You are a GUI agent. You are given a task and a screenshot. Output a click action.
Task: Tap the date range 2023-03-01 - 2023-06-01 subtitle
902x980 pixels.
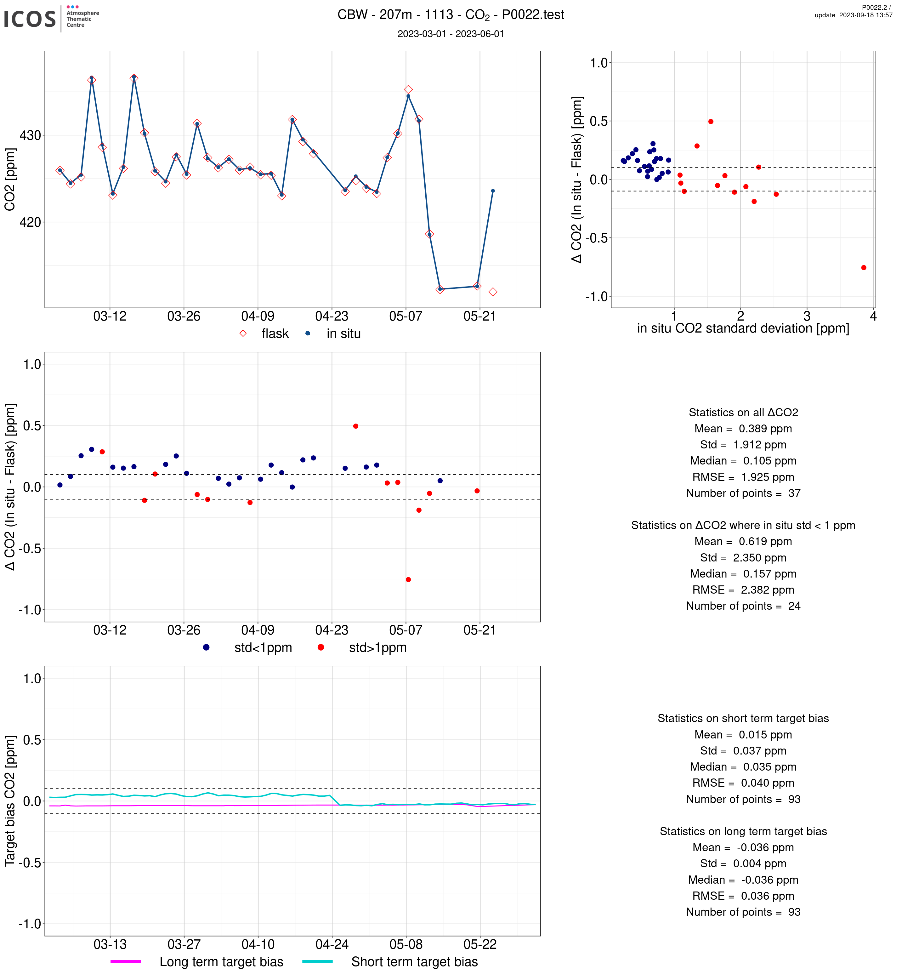click(450, 34)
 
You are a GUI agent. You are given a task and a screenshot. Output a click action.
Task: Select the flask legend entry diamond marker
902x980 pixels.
click(243, 333)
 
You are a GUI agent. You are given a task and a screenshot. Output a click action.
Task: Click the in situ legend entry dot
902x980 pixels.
click(308, 333)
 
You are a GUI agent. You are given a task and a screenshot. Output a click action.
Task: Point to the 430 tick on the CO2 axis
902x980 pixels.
click(30, 136)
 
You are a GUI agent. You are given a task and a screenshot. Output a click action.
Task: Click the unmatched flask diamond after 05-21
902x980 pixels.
click(493, 292)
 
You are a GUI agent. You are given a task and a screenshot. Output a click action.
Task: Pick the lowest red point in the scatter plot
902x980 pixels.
click(864, 268)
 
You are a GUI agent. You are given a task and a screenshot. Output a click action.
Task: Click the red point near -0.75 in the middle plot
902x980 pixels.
click(408, 580)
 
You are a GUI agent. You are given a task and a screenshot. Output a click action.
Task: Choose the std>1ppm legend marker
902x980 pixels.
click(321, 647)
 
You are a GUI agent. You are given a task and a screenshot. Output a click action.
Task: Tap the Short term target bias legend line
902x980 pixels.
click(317, 961)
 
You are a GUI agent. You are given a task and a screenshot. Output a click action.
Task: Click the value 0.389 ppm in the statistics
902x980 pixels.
click(765, 429)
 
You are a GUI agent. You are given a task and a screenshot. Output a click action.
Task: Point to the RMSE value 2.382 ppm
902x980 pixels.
click(767, 590)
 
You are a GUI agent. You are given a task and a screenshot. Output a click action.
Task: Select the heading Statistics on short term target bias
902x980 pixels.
click(743, 718)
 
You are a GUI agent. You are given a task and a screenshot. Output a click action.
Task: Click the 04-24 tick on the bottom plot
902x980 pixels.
click(332, 944)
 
